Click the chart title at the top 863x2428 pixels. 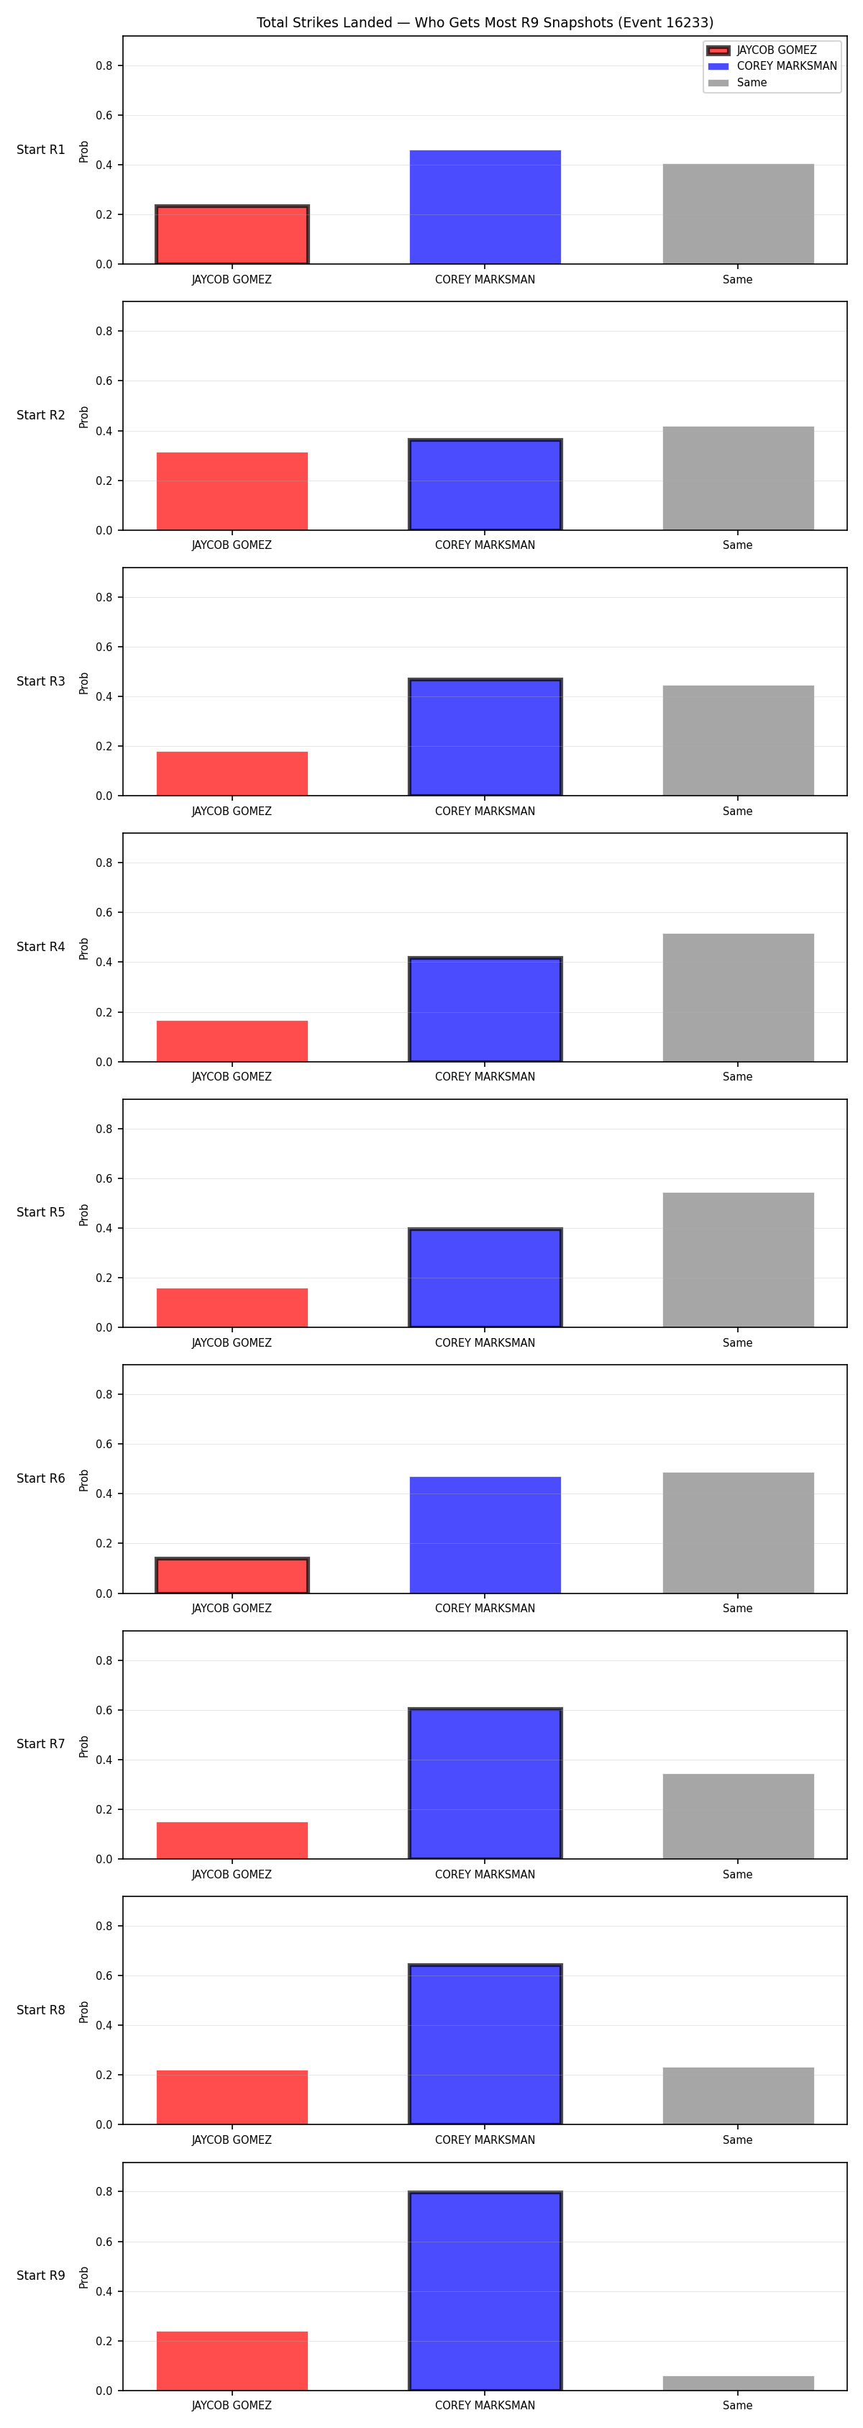click(x=484, y=22)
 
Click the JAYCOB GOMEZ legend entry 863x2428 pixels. click(x=762, y=50)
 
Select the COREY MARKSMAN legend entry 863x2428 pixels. click(x=772, y=66)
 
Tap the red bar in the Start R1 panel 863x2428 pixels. click(x=232, y=235)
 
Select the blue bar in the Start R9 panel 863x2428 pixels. click(x=485, y=2291)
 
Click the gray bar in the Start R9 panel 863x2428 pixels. click(x=738, y=2383)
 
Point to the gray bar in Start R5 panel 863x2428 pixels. click(x=738, y=1260)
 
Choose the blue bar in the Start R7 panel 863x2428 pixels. click(x=485, y=1783)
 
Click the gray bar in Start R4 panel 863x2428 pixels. click(x=738, y=997)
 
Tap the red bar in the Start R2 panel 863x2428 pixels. click(x=232, y=491)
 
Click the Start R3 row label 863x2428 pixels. click(x=40, y=681)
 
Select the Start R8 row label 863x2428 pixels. click(x=40, y=2009)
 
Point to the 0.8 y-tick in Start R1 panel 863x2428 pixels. click(x=104, y=66)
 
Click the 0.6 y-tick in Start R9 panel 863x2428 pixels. click(x=104, y=2242)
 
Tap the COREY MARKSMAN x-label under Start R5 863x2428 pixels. click(x=485, y=1342)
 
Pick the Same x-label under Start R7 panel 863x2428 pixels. click(x=738, y=1874)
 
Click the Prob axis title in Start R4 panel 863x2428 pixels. click(x=84, y=948)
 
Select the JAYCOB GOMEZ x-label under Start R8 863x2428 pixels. click(x=232, y=2140)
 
